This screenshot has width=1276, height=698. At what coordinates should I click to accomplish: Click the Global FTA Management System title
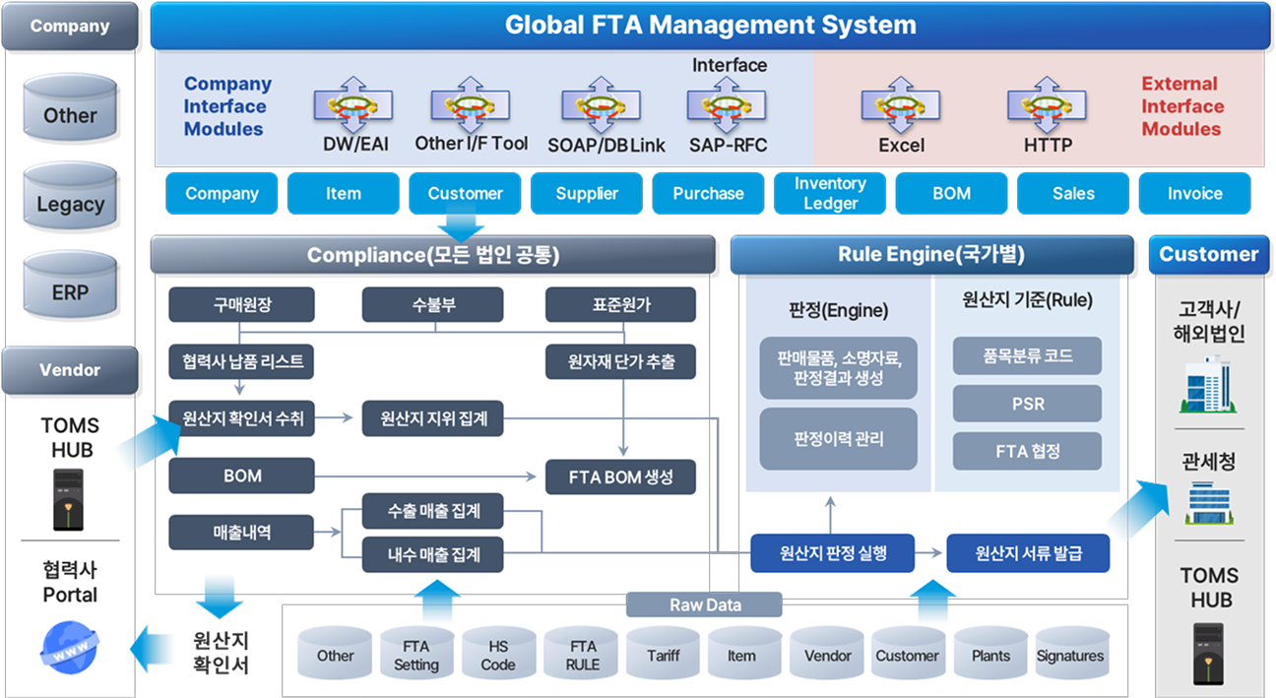pos(710,25)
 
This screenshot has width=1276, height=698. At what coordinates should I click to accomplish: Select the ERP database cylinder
pos(70,291)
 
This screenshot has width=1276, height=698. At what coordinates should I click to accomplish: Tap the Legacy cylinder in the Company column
pos(70,204)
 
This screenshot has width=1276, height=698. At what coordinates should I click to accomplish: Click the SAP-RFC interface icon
pos(727,105)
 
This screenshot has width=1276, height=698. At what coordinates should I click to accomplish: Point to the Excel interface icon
pos(901,105)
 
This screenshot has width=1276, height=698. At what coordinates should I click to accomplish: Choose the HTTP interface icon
pos(1047,105)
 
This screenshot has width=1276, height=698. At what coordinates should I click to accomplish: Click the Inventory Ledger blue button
pos(830,193)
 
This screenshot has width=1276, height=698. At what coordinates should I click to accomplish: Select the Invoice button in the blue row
pos(1194,193)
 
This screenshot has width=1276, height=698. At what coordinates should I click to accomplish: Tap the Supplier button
pos(587,193)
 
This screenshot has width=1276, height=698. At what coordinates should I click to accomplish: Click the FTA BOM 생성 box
pos(620,476)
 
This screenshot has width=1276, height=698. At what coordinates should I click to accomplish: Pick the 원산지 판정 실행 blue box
pos(832,553)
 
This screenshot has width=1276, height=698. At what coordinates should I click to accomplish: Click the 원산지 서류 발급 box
pos(1028,553)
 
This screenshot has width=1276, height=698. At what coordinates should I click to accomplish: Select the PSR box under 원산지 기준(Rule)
pos(1027,404)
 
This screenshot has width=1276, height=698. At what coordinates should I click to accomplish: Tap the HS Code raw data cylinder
pos(498,656)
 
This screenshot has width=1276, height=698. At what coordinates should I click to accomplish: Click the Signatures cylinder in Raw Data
pos(1069,656)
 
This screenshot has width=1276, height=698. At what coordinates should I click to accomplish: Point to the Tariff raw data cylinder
pos(663,656)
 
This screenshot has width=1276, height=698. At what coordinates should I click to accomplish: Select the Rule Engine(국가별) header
pos(930,254)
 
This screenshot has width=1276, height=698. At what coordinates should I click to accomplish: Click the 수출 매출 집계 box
pos(433,511)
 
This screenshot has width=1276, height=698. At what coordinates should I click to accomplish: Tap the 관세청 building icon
pos(1209,502)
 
